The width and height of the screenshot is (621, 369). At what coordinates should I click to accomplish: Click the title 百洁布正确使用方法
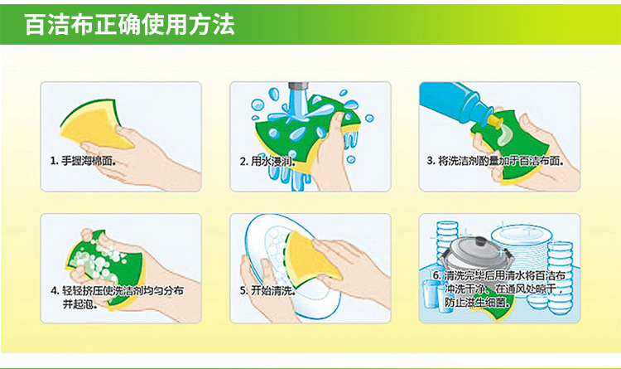click(130, 25)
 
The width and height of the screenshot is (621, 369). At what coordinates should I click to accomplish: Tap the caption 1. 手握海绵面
click(83, 161)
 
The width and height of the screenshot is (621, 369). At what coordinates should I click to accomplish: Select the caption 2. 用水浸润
click(267, 161)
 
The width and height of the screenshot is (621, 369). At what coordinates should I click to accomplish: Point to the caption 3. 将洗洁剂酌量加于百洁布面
click(495, 161)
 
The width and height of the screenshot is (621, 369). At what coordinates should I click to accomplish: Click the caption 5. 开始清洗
click(267, 290)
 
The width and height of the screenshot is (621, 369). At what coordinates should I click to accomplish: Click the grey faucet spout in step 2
click(298, 87)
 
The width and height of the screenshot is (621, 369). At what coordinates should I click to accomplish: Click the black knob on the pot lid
click(479, 241)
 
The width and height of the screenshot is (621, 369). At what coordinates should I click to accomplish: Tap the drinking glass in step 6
click(432, 294)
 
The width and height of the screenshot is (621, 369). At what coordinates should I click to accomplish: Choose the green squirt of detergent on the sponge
click(505, 135)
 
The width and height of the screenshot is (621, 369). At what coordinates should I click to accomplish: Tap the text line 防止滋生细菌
click(476, 303)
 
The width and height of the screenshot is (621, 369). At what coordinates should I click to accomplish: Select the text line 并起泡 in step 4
click(80, 304)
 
